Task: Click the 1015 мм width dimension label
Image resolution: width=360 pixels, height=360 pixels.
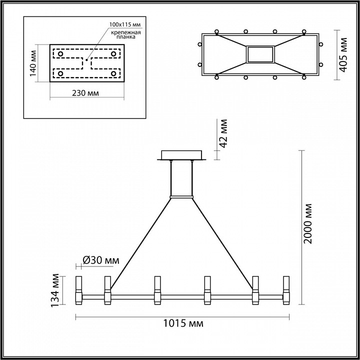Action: coord(183,323)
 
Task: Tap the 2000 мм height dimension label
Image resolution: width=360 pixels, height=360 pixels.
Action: coord(307,223)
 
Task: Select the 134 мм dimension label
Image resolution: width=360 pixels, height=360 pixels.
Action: coord(55,290)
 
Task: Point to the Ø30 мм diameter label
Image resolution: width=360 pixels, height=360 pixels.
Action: coord(101,260)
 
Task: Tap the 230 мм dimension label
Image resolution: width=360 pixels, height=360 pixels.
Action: coord(85,93)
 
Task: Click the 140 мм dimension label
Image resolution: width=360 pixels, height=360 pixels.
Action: coord(32,63)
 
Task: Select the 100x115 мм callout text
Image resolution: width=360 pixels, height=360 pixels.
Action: coord(125,24)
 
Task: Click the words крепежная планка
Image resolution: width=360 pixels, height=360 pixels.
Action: coord(125,34)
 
